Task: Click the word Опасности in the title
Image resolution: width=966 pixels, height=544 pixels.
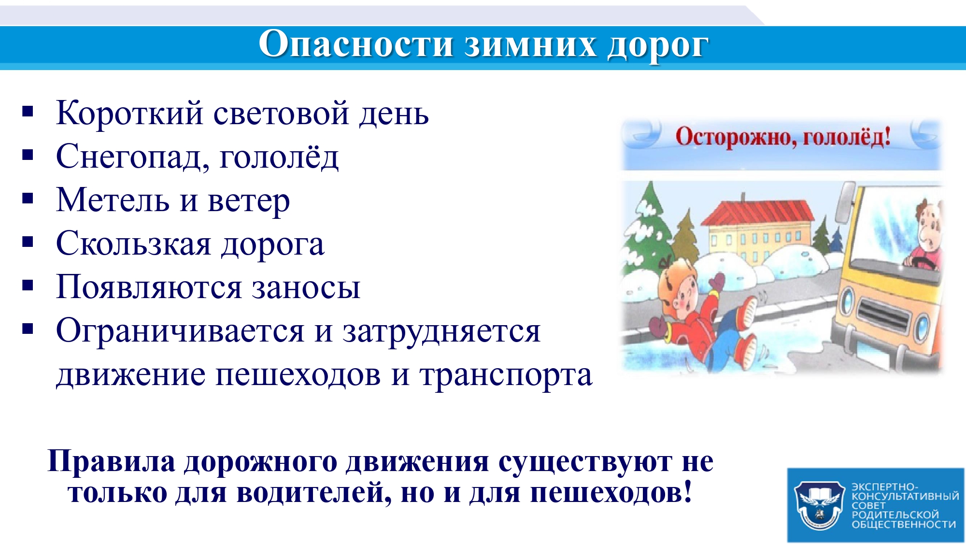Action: coord(355,44)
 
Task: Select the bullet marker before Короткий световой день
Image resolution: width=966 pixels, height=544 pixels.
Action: coord(28,112)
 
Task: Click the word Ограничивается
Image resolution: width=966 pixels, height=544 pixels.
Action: coord(180,331)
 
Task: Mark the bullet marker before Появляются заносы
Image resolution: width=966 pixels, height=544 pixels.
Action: coord(28,286)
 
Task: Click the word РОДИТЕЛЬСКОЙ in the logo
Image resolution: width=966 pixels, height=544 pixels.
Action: coord(895,515)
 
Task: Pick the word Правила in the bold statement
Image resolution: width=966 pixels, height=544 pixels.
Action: coord(112,461)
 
